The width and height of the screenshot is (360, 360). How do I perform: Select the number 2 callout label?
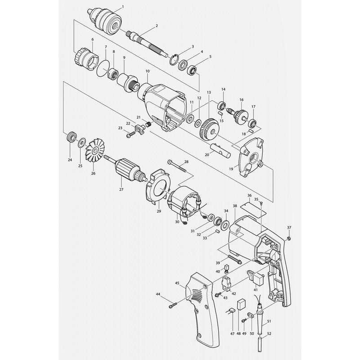coord(157,26)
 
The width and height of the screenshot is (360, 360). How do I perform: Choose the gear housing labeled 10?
coord(162,106)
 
